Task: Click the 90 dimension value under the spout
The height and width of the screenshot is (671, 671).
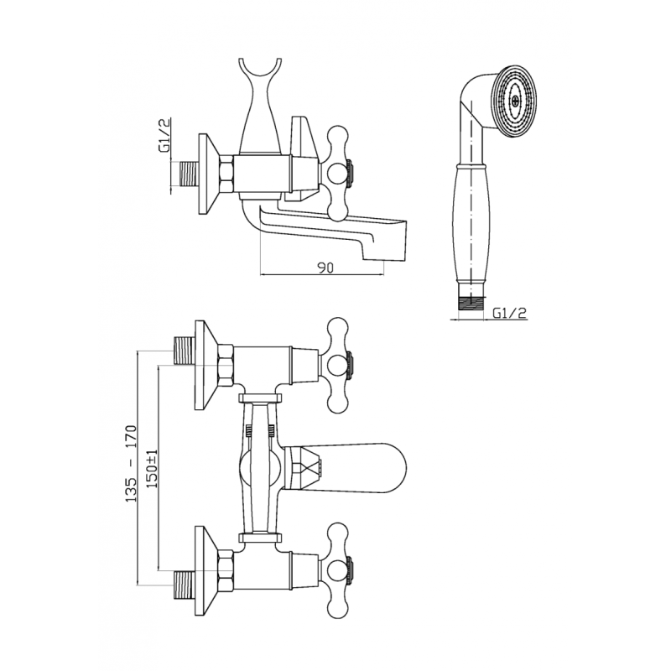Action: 325,267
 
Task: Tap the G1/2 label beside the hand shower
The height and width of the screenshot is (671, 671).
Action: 509,313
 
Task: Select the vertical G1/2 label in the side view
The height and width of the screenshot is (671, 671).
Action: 164,135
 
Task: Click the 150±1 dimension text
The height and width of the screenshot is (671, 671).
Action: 153,470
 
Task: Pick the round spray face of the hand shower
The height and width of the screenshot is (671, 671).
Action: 516,101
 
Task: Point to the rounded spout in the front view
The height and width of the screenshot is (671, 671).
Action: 344,467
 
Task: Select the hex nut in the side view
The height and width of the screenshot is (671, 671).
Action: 226,173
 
